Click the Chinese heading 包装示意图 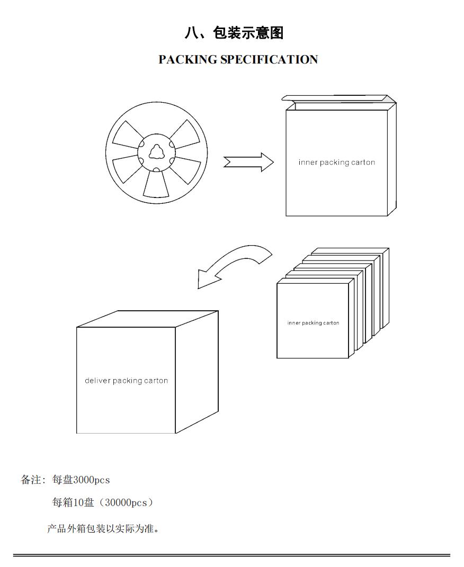[248, 33]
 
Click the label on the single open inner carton [336, 163]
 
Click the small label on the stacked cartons [313, 323]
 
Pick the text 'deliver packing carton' [126, 381]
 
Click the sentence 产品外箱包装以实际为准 [103, 529]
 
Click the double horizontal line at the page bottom [231, 555]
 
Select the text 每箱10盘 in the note [73, 502]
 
